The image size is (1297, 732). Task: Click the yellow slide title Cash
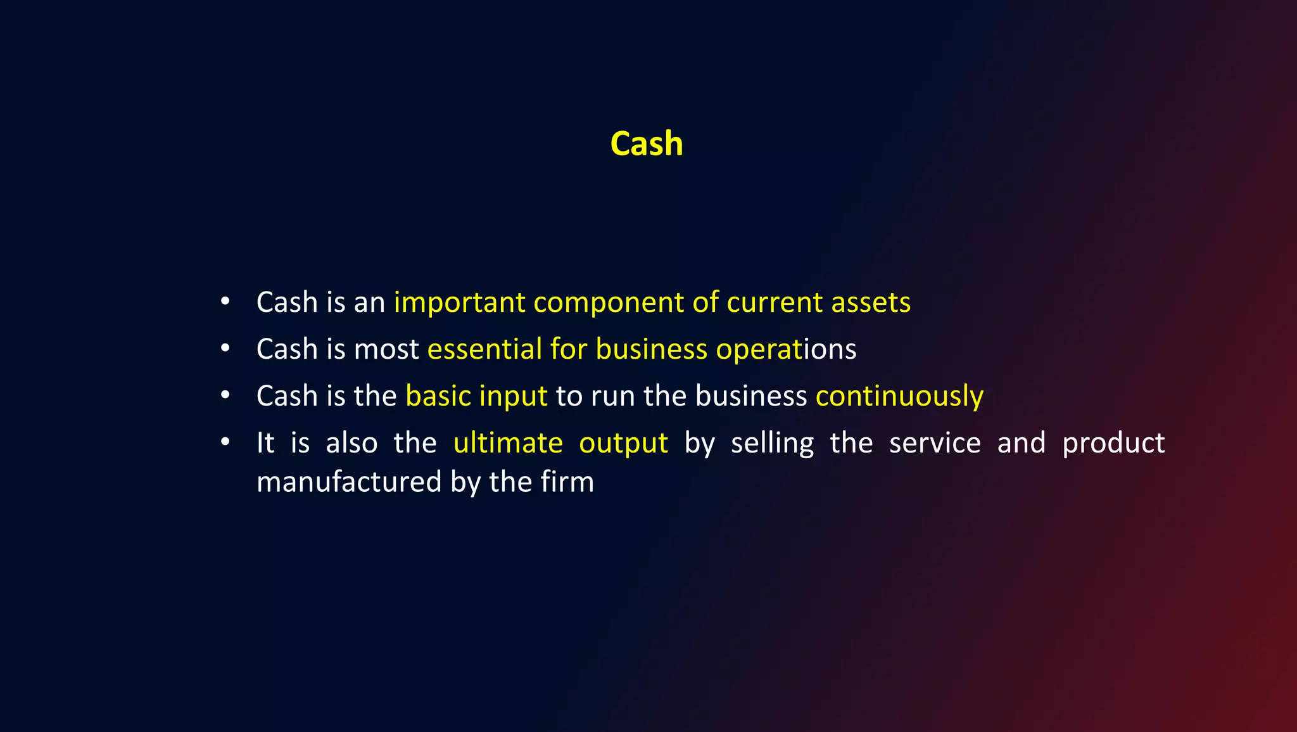(x=647, y=144)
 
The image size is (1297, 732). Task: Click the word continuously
(x=899, y=396)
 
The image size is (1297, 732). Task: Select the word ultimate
(x=508, y=443)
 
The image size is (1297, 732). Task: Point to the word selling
(x=772, y=444)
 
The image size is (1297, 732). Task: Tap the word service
(x=935, y=443)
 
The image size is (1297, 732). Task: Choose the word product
(x=1113, y=444)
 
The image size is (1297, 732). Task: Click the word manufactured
(x=349, y=482)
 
